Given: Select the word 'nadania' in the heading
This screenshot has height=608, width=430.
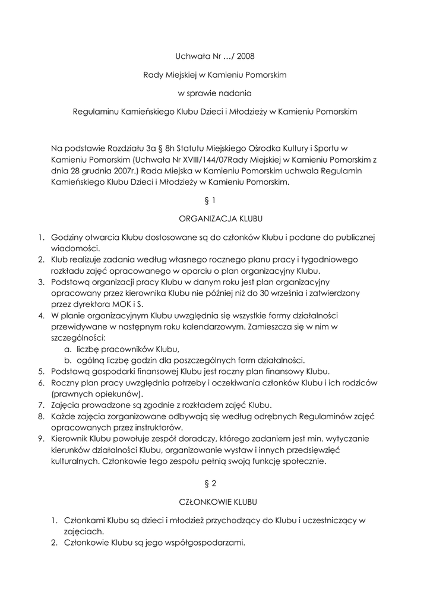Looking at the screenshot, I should click(x=237, y=93).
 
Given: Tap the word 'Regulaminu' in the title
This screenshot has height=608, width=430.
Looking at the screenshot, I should click(x=94, y=111).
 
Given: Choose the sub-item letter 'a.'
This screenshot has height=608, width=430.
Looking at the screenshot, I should click(x=68, y=349).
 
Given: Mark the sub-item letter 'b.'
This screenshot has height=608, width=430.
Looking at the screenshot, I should click(x=68, y=360).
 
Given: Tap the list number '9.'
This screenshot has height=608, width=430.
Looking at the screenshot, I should click(x=42, y=439).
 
